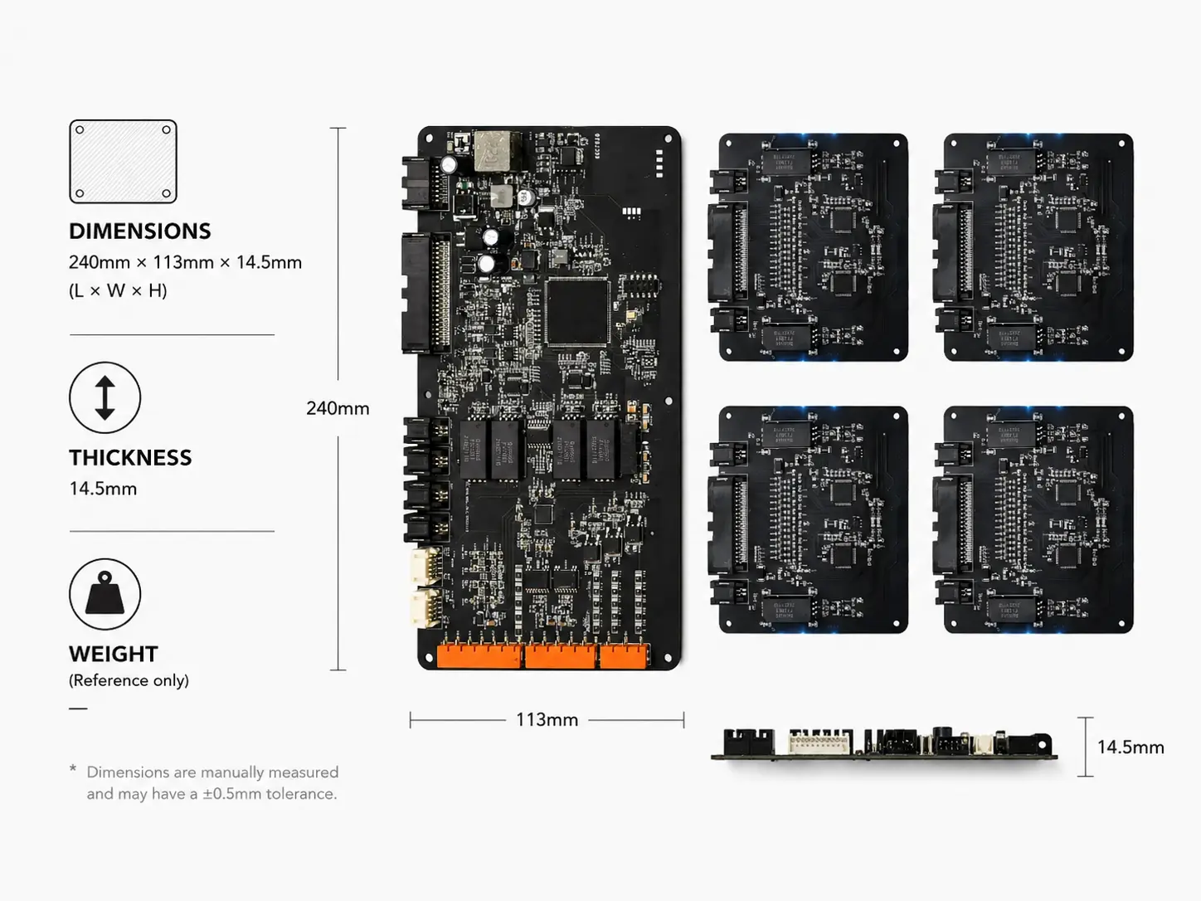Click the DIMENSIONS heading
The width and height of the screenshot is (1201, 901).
click(x=139, y=231)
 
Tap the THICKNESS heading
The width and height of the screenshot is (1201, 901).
click(x=130, y=458)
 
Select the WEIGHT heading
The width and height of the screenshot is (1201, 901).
click(x=114, y=655)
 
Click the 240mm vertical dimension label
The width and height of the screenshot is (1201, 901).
click(x=338, y=408)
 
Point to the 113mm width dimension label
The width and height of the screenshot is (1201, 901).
click(x=547, y=720)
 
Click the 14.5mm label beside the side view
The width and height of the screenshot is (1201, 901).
click(x=1130, y=748)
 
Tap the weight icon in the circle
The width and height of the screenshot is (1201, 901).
click(x=105, y=594)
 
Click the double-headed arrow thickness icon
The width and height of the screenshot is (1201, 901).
click(x=105, y=397)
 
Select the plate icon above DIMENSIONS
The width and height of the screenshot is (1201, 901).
click(x=123, y=162)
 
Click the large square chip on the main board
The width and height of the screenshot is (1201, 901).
click(x=577, y=312)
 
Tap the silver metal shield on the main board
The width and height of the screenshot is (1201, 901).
click(x=497, y=151)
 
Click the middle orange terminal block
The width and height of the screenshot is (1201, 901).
click(x=561, y=656)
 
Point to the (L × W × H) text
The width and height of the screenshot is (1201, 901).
click(x=118, y=290)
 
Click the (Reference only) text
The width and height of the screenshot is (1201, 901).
click(x=129, y=680)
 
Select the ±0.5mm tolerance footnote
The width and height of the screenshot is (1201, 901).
click(x=212, y=783)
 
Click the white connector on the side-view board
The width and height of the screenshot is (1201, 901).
click(x=819, y=743)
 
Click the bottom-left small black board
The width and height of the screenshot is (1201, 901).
click(x=809, y=519)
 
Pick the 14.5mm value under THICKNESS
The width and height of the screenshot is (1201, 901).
click(x=103, y=489)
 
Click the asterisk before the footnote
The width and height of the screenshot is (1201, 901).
click(x=73, y=769)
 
